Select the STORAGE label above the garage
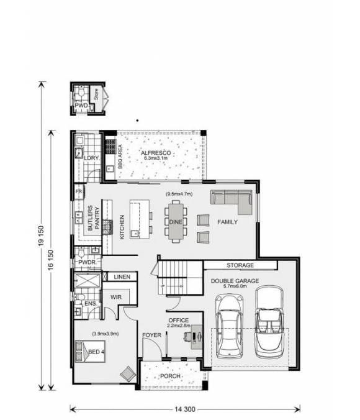[x=240, y=265]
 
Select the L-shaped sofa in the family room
[x=230, y=199]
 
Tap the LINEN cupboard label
[x=122, y=277]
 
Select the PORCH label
[x=170, y=377]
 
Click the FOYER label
[x=151, y=335]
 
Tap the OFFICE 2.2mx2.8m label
[x=178, y=323]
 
